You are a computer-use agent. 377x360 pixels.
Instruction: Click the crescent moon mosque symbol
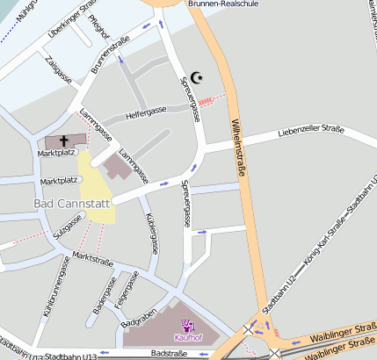coord(197,78)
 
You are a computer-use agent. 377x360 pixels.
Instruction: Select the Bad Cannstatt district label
coord(71,204)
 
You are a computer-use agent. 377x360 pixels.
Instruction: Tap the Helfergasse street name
coord(146,112)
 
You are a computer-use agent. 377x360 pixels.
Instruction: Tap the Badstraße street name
coord(169,353)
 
